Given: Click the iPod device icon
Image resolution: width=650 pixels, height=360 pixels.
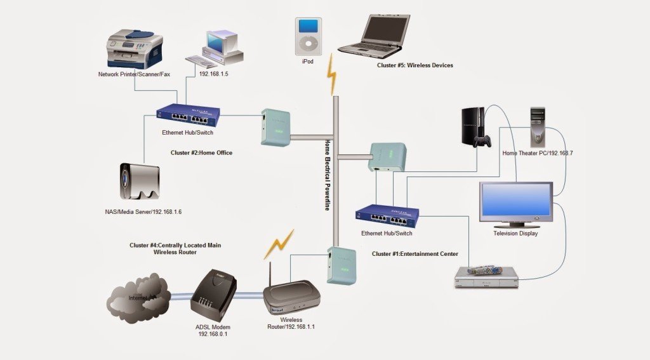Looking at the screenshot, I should click(307, 37).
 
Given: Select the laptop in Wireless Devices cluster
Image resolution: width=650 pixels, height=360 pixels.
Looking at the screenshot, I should click(374, 37).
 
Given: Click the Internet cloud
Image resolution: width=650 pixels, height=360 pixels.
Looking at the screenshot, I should click(138, 295).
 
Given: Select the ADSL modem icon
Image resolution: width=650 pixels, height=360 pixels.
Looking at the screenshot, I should click(213, 292).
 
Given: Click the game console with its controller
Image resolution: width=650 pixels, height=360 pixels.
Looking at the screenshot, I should click(474, 128).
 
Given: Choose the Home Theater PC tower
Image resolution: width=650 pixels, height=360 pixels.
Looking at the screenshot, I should click(538, 127).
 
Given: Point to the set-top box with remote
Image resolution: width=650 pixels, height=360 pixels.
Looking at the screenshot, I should click(487, 277).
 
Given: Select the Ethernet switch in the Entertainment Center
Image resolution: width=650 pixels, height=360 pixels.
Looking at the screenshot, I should click(387, 217).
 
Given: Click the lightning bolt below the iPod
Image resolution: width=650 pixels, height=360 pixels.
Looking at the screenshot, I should click(331, 74).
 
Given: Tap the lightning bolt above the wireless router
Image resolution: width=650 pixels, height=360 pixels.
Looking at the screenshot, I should click(279, 244).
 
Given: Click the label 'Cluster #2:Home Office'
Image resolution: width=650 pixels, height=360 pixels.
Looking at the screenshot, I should click(201, 153).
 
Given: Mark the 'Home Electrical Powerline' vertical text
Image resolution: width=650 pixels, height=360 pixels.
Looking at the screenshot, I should click(328, 175).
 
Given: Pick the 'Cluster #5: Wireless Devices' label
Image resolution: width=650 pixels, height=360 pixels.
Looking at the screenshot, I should click(415, 65).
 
